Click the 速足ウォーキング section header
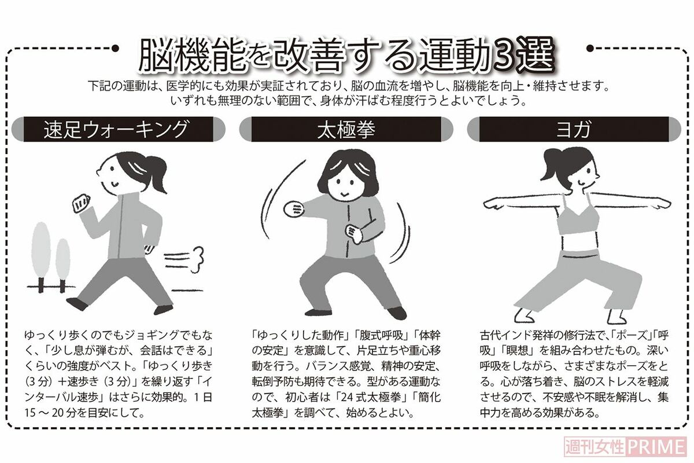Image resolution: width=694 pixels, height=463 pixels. click(119, 129)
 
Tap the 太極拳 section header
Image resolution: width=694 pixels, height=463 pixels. click(346, 129)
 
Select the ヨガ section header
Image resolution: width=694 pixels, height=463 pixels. click(574, 129)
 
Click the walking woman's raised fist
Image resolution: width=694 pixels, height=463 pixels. click(81, 203)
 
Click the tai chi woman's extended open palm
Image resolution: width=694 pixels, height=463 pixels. click(293, 209)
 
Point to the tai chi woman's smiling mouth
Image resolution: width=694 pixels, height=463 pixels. click(345, 196)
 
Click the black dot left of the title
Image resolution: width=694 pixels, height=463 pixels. click(115, 48)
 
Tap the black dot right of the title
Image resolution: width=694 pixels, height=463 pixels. click(590, 48)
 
